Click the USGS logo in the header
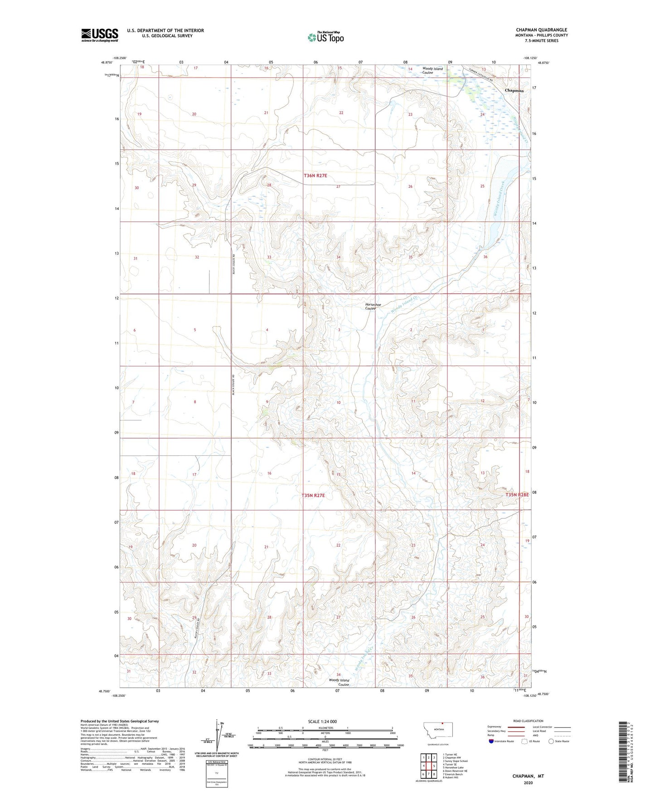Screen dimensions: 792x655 pos(100,35)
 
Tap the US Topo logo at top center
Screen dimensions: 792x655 pos(325,37)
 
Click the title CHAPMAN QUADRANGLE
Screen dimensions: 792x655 pos(541,30)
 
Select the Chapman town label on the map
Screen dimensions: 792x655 pos(514,90)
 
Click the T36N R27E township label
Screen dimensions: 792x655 pos(315,176)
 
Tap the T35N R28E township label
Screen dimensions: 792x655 pos(517,495)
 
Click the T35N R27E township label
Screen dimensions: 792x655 pos(313,496)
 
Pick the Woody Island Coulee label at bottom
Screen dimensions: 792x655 pos(339,682)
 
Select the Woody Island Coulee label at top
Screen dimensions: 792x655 pos(432,70)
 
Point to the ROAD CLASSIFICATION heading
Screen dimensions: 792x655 pos(528,721)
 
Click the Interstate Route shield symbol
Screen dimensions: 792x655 pos(491,741)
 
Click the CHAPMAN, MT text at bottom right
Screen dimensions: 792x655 pos(528,776)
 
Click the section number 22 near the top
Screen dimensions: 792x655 pos(341,112)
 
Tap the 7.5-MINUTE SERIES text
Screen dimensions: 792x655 pos(541,40)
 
